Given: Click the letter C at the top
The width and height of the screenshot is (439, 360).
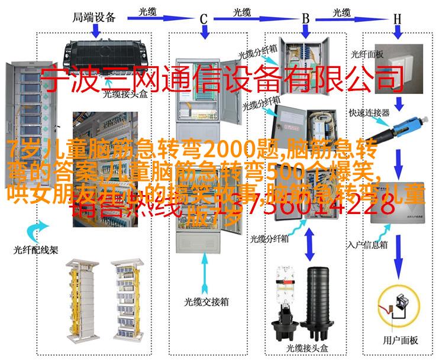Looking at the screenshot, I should point(204,19).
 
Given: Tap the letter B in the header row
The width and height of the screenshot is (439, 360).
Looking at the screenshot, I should point(306,19).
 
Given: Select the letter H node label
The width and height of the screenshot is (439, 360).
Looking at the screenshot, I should point(398,19).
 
